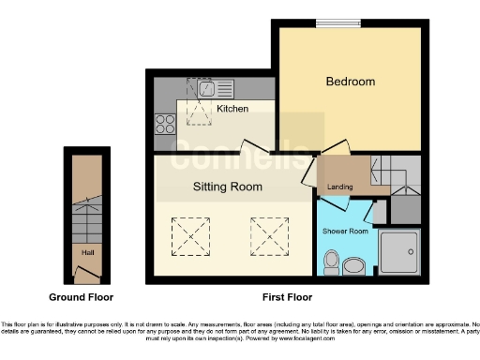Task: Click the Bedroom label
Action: [350, 82]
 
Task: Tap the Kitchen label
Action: [232, 109]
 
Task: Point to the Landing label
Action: [340, 187]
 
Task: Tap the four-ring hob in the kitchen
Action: [165, 125]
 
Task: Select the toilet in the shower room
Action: [330, 260]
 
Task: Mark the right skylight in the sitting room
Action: [267, 234]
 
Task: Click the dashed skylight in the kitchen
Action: [199, 102]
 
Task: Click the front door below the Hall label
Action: [86, 276]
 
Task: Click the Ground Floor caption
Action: [82, 297]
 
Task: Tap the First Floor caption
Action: [287, 297]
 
